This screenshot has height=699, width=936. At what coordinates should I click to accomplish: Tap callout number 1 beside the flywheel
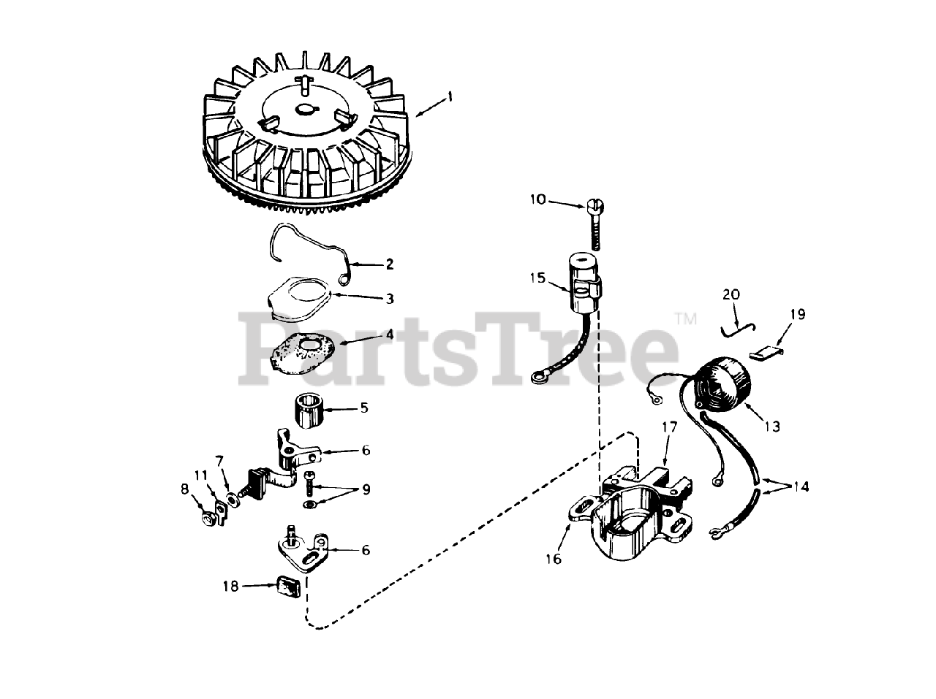click(x=450, y=96)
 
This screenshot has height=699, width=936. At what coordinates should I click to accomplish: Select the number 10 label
click(x=558, y=199)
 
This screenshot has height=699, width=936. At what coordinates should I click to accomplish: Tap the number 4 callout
click(x=390, y=333)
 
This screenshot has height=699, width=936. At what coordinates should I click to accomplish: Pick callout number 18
click(x=231, y=586)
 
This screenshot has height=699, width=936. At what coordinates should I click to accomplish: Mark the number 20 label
click(x=731, y=295)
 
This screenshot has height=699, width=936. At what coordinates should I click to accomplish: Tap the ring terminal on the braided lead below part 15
click(x=538, y=377)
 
